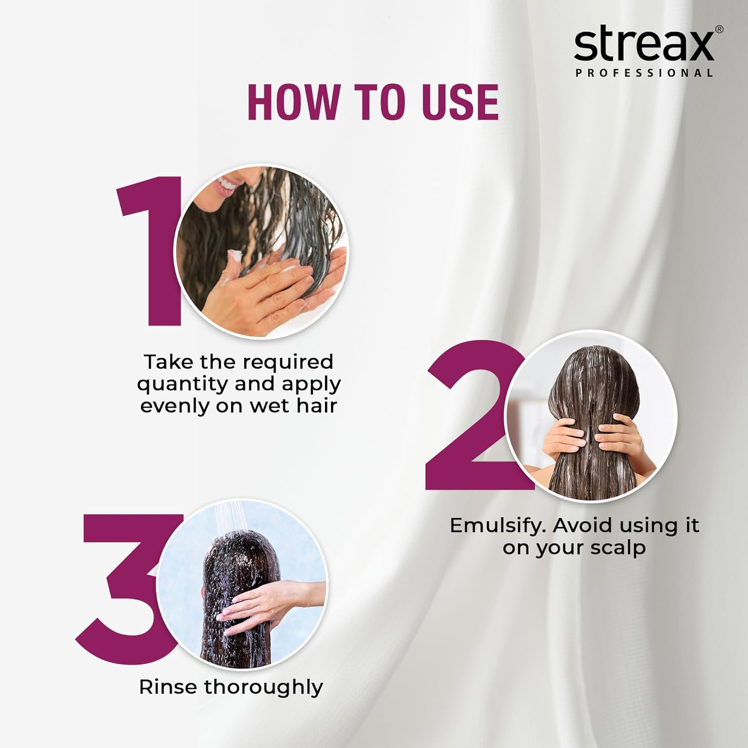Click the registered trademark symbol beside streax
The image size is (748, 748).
719,29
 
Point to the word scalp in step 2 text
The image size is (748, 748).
618,548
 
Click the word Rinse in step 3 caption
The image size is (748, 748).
168,687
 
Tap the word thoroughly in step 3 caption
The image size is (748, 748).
263,688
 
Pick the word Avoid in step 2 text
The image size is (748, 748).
583,525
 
